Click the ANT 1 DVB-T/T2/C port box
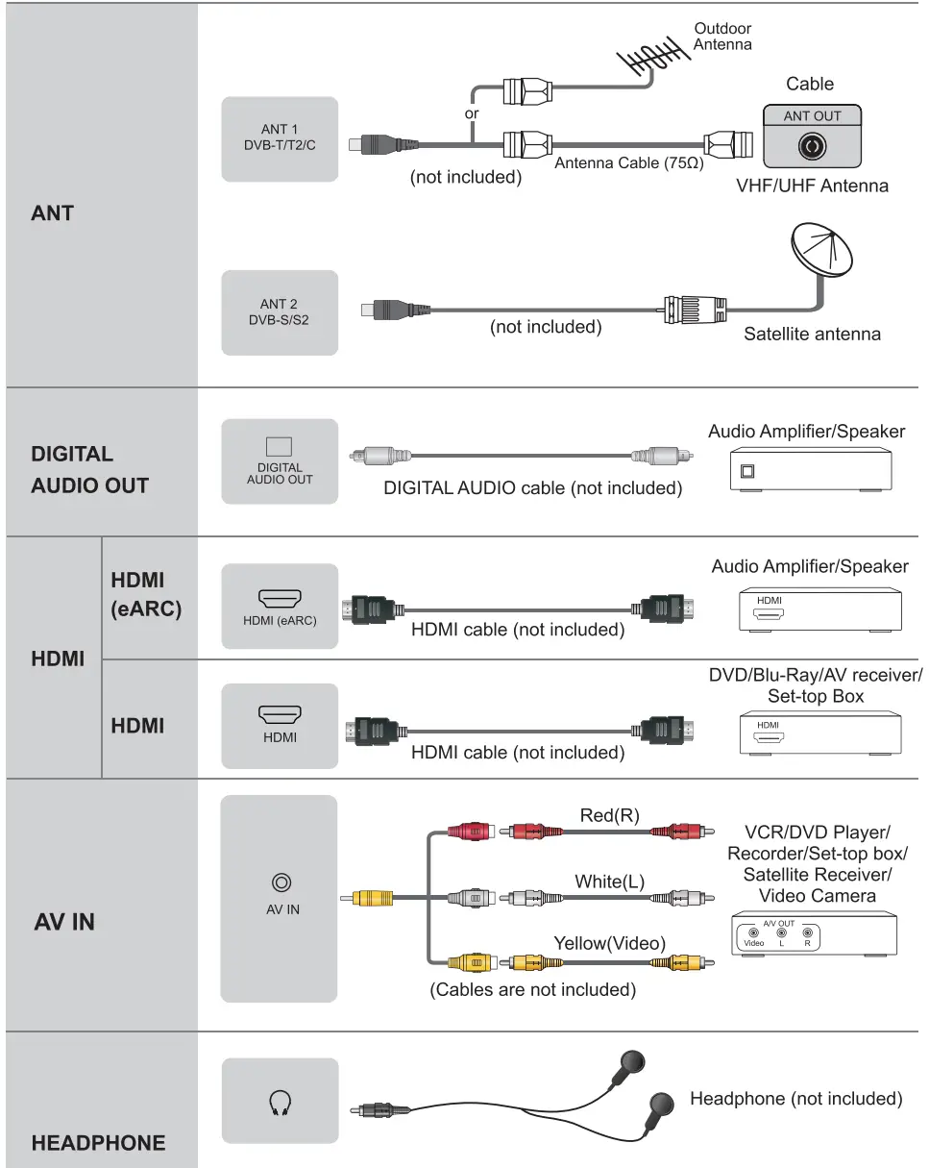pyautogui.click(x=280, y=138)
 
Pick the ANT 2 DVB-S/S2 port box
pyautogui.click(x=280, y=311)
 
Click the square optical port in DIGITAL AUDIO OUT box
pyautogui.click(x=279, y=447)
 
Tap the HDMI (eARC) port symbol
pyautogui.click(x=280, y=600)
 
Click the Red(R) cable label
pyautogui.click(x=609, y=815)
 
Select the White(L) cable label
pyautogui.click(x=609, y=881)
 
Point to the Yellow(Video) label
pyautogui.click(x=609, y=943)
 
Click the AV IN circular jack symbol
pyautogui.click(x=281, y=882)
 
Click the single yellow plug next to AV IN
pyautogui.click(x=373, y=899)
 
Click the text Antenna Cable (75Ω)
pyautogui.click(x=628, y=162)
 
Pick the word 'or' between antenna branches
pyautogui.click(x=472, y=112)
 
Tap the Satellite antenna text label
pyautogui.click(x=812, y=335)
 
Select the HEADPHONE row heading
pyautogui.click(x=98, y=1143)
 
